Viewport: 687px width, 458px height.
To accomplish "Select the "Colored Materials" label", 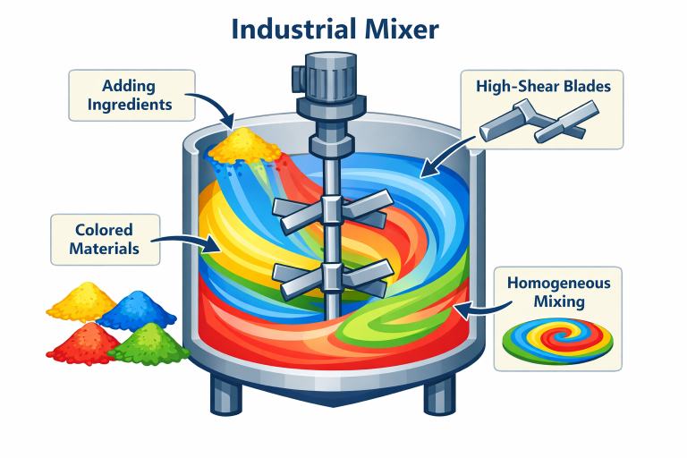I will click(106, 239).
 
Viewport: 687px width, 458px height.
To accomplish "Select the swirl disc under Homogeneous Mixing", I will click(557, 338).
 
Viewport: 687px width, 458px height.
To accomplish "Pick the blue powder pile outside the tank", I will click(137, 310).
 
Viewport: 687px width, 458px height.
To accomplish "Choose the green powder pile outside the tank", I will click(148, 344).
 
